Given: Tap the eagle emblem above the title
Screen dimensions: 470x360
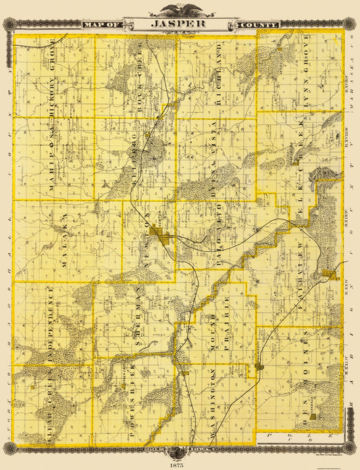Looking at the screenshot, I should coord(180,9).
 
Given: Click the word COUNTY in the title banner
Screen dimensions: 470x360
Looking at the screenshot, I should coord(257,25).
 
